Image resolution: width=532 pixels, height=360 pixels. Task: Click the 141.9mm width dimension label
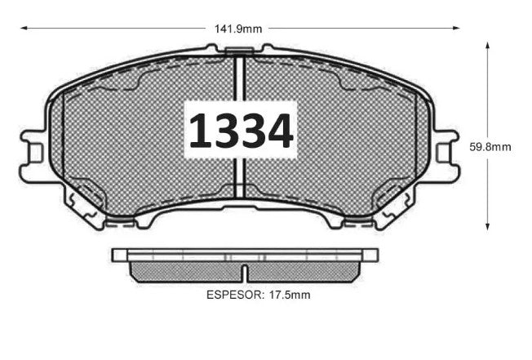[238, 29]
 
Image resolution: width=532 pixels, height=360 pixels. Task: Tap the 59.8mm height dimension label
[490, 147]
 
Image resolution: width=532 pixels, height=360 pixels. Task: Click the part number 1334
[241, 131]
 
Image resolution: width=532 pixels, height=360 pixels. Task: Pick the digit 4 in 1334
[281, 131]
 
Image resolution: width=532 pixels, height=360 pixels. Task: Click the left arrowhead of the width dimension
[24, 29]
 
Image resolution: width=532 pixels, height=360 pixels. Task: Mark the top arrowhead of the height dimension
[488, 44]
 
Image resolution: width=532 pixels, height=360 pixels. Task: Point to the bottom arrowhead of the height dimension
[488, 226]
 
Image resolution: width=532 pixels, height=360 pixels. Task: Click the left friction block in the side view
[186, 271]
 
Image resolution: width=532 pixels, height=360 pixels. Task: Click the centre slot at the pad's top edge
[240, 54]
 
